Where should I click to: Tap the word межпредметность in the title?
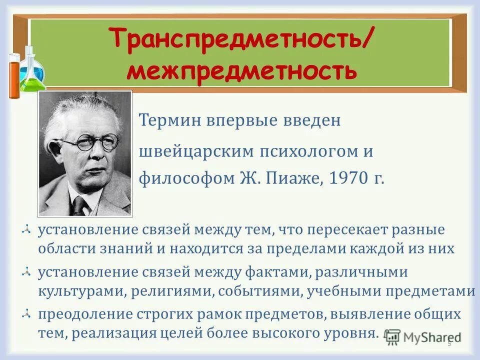click(x=241, y=71)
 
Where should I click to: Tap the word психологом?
click(x=286, y=151)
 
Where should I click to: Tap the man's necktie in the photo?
click(x=79, y=204)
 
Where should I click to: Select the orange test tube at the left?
click(x=14, y=75)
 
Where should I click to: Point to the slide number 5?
click(x=449, y=344)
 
